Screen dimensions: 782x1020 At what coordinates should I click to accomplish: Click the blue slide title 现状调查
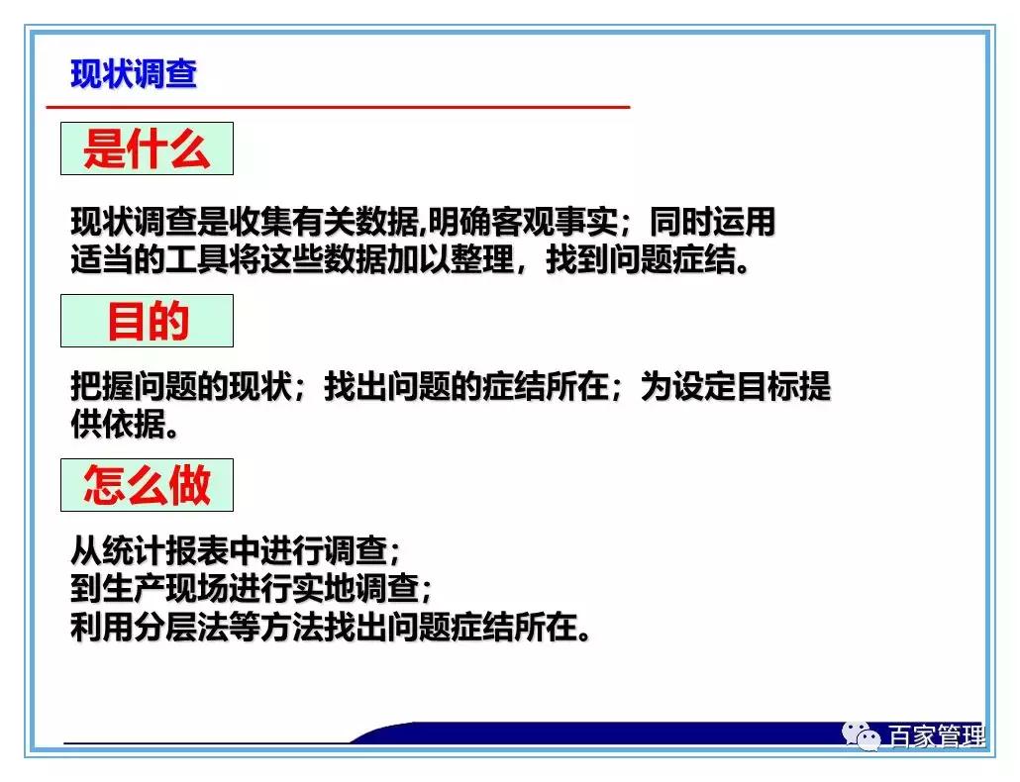point(134,74)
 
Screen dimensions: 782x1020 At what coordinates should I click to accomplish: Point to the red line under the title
point(337,106)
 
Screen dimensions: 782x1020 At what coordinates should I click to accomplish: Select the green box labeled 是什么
point(147,149)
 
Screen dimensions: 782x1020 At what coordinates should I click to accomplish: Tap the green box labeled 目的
point(147,321)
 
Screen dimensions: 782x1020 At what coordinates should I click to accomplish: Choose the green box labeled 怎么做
point(147,485)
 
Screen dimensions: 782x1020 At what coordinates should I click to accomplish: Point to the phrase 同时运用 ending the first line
point(713,222)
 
